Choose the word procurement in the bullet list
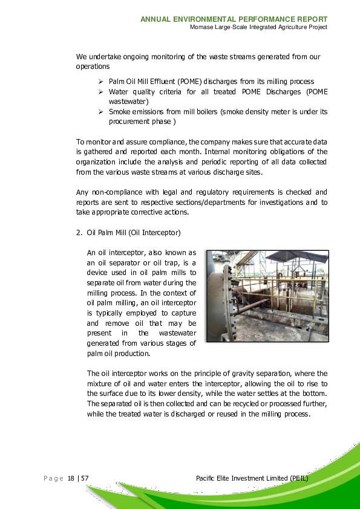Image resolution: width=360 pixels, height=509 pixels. tap(128, 121)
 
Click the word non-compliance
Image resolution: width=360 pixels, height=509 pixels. tap(114, 192)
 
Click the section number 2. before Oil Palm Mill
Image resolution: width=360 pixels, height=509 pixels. tap(79, 232)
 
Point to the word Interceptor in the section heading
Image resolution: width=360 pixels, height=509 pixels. tap(160, 232)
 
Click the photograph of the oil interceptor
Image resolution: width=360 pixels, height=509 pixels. tap(267, 296)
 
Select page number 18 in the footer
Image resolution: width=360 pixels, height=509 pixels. tap(71, 478)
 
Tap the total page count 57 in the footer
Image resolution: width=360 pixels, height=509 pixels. tap(85, 478)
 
